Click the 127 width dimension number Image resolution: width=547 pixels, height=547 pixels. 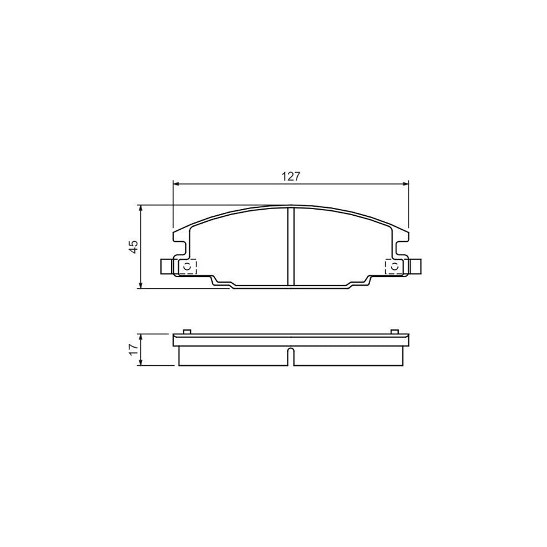pos(291,176)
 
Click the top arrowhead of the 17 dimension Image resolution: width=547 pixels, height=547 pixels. pos(141,336)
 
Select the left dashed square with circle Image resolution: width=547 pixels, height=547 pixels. pos(187,267)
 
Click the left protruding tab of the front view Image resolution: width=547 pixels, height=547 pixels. pos(166,266)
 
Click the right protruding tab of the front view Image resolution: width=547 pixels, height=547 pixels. pos(416,266)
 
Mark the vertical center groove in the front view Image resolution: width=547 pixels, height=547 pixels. pos(290,246)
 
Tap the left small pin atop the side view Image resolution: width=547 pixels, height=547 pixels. pos(187,331)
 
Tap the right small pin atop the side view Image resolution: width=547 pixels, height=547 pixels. pos(394,331)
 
